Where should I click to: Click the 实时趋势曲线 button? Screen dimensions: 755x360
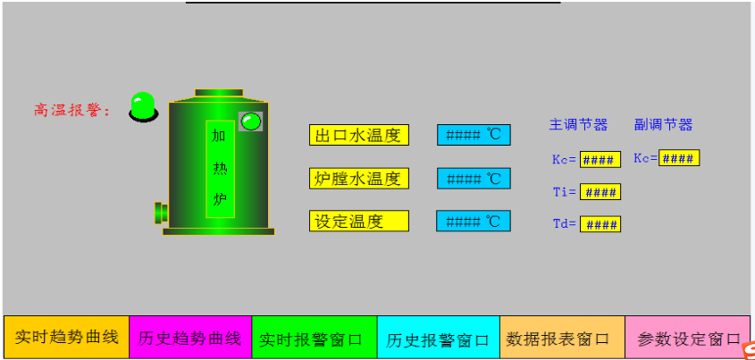point(66,337)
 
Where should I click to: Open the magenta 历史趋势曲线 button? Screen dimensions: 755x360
point(190,337)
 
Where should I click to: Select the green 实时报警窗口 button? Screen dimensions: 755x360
point(315,337)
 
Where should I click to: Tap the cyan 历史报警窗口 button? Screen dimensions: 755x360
point(438,337)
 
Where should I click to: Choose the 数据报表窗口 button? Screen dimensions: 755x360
point(562,337)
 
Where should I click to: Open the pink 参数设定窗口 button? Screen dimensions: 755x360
point(688,337)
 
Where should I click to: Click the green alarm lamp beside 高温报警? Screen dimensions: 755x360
point(144,106)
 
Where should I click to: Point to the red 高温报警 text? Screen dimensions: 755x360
point(72,110)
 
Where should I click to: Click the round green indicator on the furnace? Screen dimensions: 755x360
point(250,121)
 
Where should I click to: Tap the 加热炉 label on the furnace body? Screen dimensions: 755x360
point(220,169)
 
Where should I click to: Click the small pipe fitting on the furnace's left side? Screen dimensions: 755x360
point(162,213)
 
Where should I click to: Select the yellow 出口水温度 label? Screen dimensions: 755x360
point(358,135)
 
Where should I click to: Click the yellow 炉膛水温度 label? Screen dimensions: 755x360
point(358,178)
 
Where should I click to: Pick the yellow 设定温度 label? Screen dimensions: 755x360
point(358,221)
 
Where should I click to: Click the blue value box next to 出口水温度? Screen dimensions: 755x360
point(474,135)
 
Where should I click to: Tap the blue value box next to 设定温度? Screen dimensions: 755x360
point(474,221)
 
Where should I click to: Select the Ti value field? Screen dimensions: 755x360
point(600,192)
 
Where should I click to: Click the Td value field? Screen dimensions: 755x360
point(600,224)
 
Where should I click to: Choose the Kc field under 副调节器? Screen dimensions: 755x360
point(679,158)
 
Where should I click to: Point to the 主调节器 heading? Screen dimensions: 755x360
point(578,125)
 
